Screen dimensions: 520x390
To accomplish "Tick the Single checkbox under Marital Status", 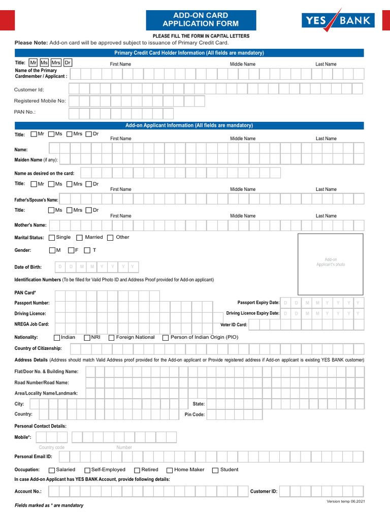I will coord(52,238).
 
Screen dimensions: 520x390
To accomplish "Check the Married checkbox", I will coord(79,238).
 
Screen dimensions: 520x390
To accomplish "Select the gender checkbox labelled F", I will coord(71,250).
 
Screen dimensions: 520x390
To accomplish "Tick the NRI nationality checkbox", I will coord(87,338).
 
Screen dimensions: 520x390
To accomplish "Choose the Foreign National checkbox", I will coord(111,338).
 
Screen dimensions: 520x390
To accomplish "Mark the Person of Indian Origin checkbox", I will coord(166,338).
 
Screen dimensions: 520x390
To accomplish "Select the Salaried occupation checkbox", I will coord(52,470).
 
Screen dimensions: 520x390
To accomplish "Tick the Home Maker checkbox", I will coord(170,470).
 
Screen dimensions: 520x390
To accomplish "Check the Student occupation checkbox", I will coord(215,470).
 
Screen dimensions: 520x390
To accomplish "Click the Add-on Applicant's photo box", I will coord(331,264).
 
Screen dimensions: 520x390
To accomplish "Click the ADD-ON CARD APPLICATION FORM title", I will coord(201,20).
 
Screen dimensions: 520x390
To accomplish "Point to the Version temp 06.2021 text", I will coord(345,501).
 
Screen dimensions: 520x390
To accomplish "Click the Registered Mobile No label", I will coord(40,101).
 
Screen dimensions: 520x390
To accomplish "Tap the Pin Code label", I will coord(194,415).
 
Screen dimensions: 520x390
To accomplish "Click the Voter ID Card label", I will coord(234,324).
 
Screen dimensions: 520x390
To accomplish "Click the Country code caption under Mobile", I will coord(52,447).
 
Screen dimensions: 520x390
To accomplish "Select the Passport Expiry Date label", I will coord(258,303).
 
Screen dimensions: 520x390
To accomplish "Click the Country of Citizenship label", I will coord(38,348).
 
